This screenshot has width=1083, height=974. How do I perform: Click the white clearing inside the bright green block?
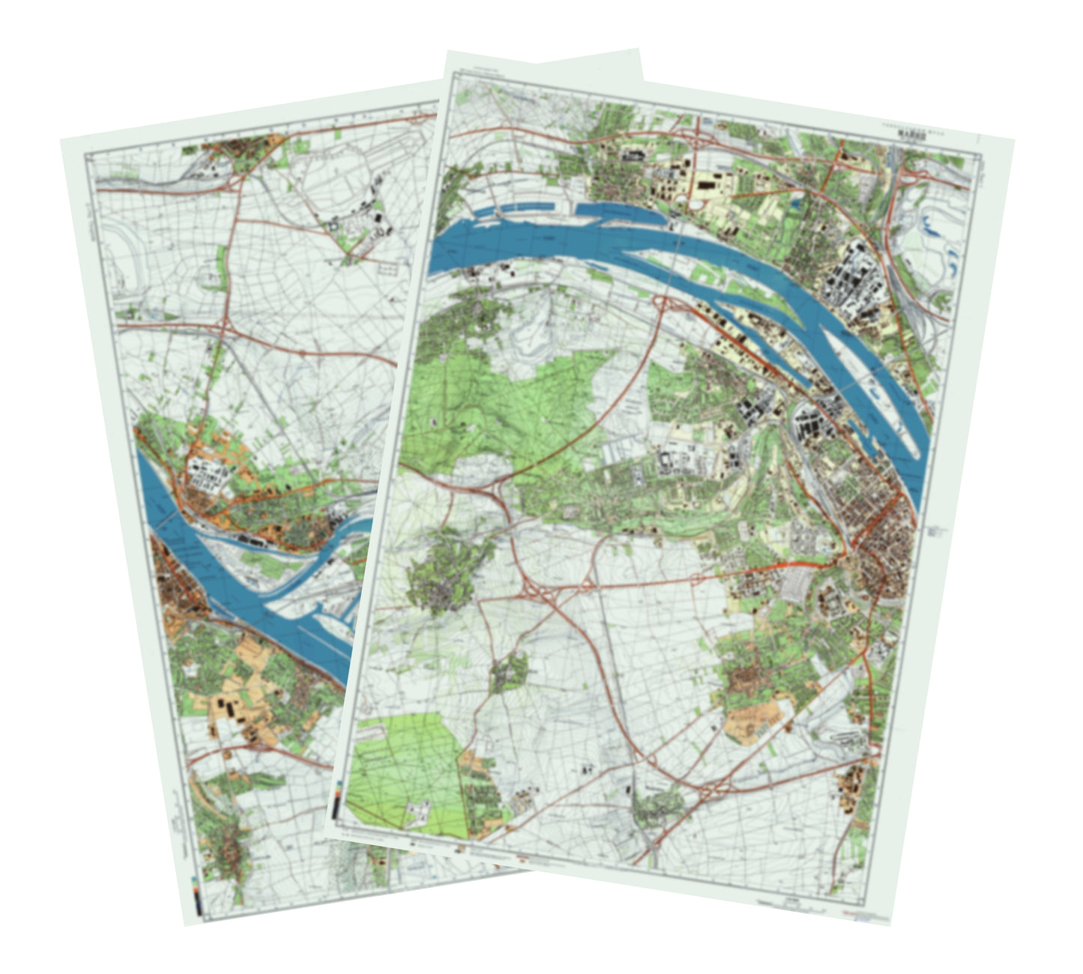(417, 809)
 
